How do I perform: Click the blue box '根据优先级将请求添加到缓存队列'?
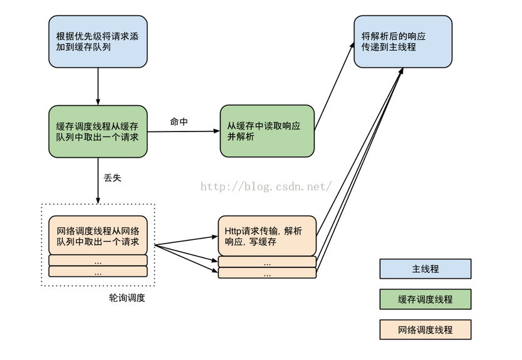98,41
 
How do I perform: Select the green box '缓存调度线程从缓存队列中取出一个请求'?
98,131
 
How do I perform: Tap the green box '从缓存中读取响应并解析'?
267,131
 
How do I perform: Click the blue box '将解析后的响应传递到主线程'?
403,41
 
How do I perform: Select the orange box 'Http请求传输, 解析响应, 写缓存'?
267,235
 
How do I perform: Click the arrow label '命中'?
179,121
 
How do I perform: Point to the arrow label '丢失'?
112,178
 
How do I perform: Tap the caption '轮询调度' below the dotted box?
127,298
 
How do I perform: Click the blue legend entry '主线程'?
425,269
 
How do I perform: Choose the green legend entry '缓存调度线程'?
425,299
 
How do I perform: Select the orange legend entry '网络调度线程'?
425,329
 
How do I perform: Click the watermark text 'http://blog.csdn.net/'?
266,187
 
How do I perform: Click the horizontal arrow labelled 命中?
183,131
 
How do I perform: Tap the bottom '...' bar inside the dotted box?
98,272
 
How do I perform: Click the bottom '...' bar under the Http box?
267,274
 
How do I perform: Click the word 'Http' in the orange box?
233,230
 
